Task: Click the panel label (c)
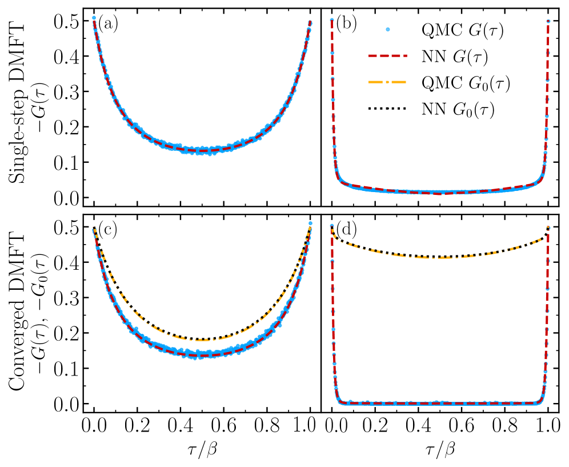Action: click(x=108, y=230)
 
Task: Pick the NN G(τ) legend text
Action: click(x=456, y=58)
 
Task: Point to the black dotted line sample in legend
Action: click(x=391, y=109)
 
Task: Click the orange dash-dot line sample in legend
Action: click(x=391, y=83)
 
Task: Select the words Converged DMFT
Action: click(x=18, y=312)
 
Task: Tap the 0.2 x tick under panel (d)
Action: click(x=375, y=427)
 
